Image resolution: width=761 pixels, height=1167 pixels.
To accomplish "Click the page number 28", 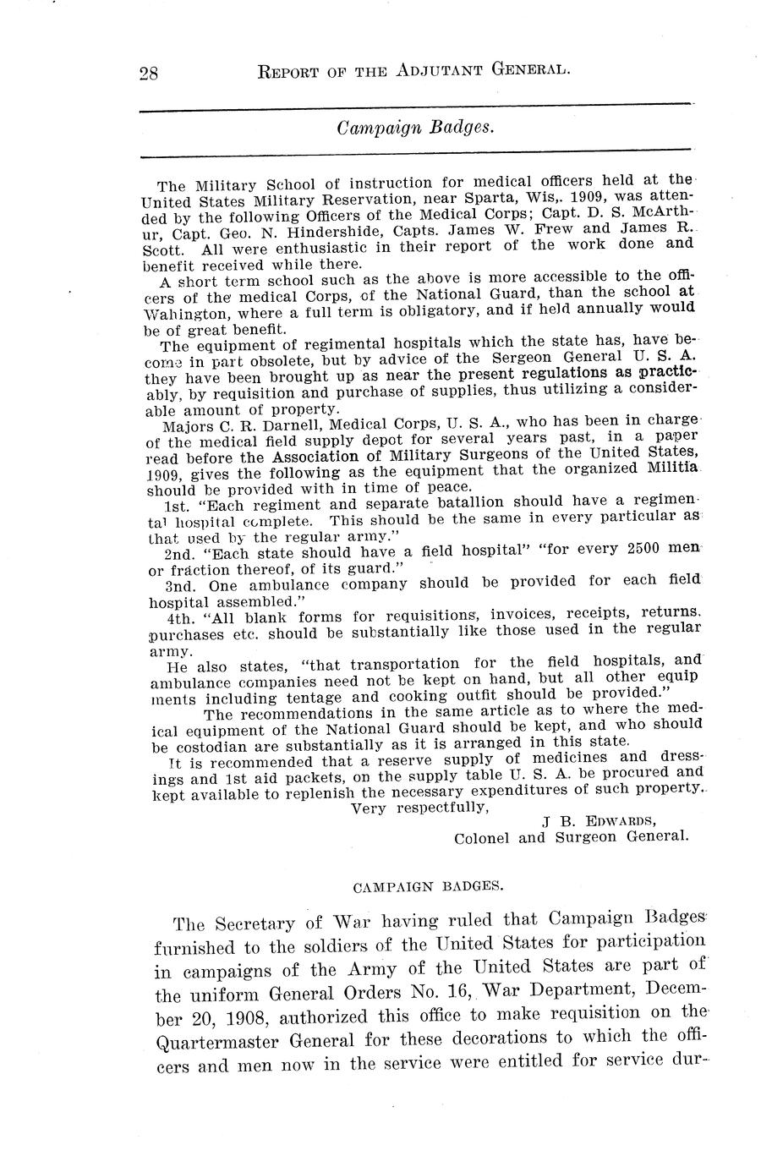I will coord(150,72).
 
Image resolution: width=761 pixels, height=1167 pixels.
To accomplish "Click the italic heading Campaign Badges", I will coord(414,128).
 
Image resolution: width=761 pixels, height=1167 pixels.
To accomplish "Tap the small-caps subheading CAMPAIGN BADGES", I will coord(428,887).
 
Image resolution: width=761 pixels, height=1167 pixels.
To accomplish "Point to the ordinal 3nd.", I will coord(178,583).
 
